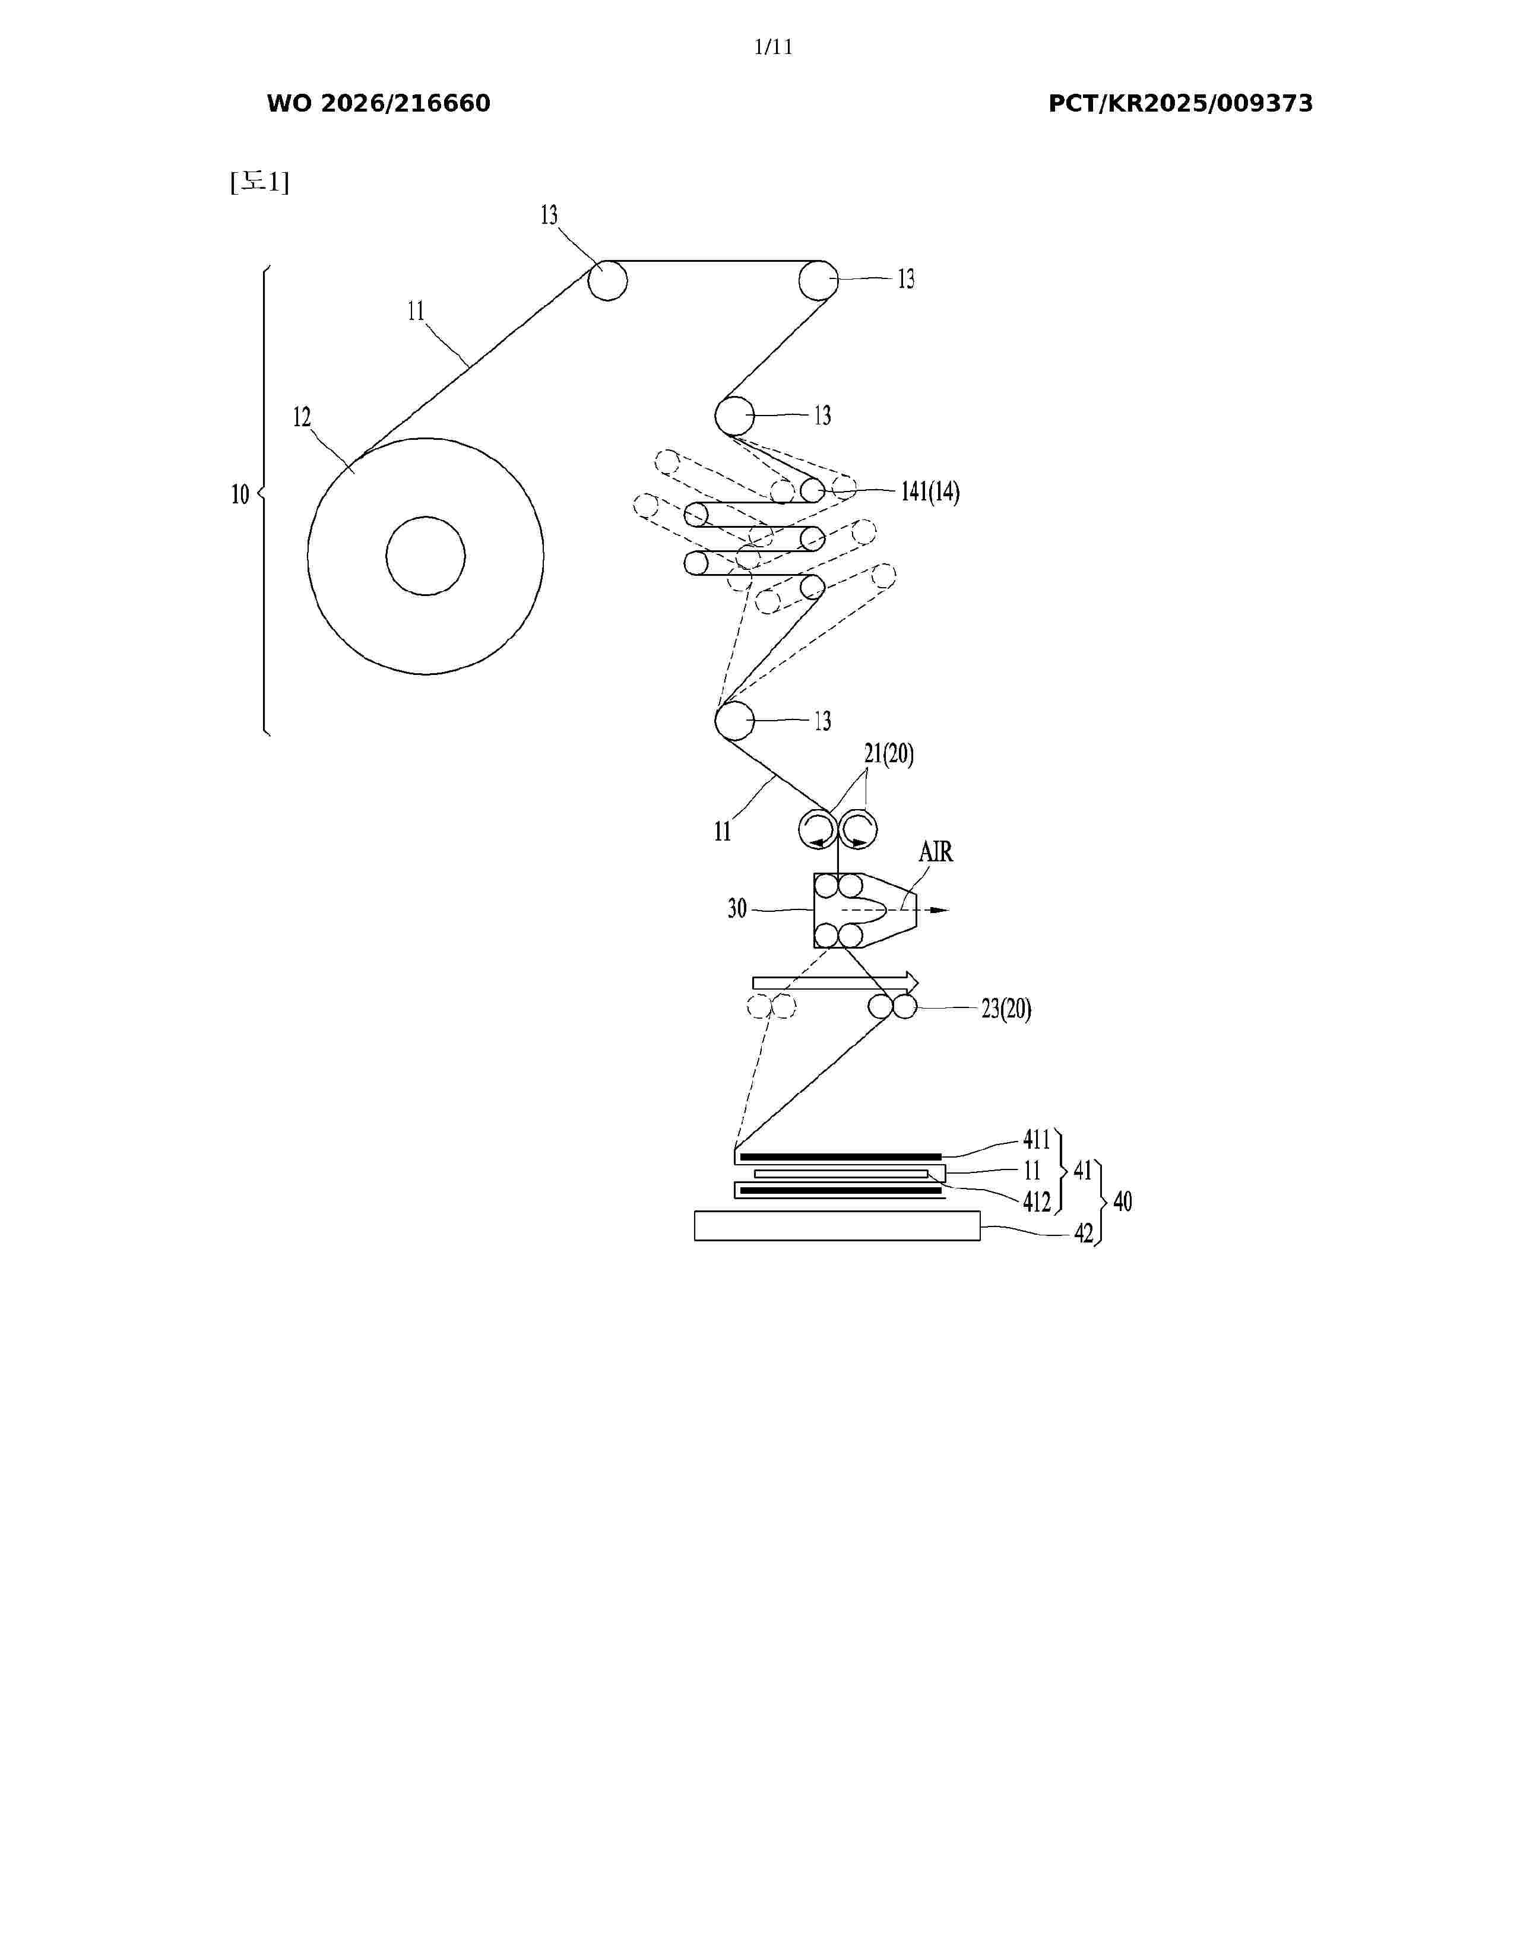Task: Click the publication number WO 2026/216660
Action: pyautogui.click(x=379, y=104)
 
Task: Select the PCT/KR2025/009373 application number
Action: pyautogui.click(x=1180, y=104)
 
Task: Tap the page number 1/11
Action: pyautogui.click(x=773, y=47)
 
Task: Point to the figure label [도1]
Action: pyautogui.click(x=260, y=182)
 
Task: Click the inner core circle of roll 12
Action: pyautogui.click(x=425, y=516)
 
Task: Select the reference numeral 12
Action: pyautogui.click(x=302, y=417)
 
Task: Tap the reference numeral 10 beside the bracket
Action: pyautogui.click(x=240, y=494)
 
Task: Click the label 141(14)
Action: pyautogui.click(x=930, y=492)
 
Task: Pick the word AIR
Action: pyautogui.click(x=936, y=851)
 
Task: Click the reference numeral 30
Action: pyautogui.click(x=737, y=909)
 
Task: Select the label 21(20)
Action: pyautogui.click(x=889, y=755)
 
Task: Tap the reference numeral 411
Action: pyautogui.click(x=1037, y=1140)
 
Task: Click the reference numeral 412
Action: pyautogui.click(x=1037, y=1202)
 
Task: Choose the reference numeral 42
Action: pyautogui.click(x=1084, y=1234)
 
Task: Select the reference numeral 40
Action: pyautogui.click(x=1123, y=1202)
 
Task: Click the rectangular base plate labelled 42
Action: pyautogui.click(x=837, y=1225)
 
